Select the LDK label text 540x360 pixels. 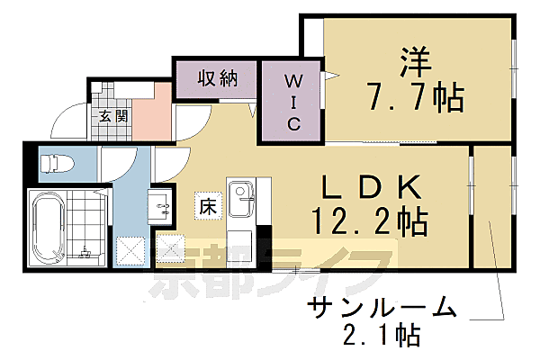(x=372, y=187)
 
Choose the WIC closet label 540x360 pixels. (x=293, y=103)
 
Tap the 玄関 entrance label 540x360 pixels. (x=112, y=115)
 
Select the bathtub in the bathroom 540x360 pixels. (x=45, y=227)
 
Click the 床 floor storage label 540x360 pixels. (x=206, y=206)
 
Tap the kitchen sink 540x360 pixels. (x=240, y=194)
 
